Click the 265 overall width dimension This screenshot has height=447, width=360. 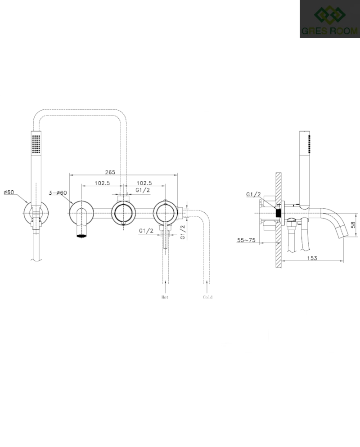[x=110, y=172]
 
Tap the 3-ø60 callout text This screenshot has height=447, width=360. [x=58, y=193]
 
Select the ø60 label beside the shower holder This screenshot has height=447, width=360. [x=9, y=192]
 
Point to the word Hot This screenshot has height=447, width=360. [x=165, y=297]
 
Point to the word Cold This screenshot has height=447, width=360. [x=207, y=297]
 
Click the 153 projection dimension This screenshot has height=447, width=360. [x=312, y=258]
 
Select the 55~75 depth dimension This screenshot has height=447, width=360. [x=246, y=240]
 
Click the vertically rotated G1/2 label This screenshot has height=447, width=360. [x=183, y=231]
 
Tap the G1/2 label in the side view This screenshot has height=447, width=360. [x=253, y=194]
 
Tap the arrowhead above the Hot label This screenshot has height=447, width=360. [x=166, y=282]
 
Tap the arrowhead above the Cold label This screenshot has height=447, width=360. [x=207, y=282]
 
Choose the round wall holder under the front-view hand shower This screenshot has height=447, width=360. [x=35, y=213]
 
